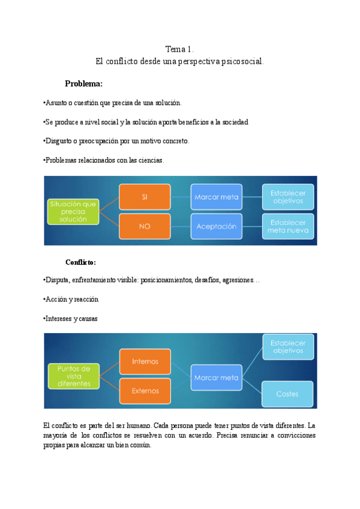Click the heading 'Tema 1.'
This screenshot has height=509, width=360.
tap(180, 49)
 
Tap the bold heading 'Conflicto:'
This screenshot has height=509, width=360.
tap(81, 262)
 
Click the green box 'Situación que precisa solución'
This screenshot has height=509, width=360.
tap(73, 211)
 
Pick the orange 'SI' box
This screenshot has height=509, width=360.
tap(145, 196)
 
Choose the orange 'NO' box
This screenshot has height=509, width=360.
tap(145, 226)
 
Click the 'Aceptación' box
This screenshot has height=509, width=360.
tap(217, 226)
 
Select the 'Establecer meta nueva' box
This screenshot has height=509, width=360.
tap(288, 226)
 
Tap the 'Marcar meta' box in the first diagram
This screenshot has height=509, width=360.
tap(217, 196)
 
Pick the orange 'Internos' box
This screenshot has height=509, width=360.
tap(145, 361)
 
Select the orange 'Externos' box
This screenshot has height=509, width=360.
tap(145, 391)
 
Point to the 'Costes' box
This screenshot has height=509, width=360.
tap(288, 394)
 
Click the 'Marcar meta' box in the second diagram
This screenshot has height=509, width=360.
tap(217, 378)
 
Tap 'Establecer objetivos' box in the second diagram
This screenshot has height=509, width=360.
tap(288, 347)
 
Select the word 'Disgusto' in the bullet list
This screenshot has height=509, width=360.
tap(61, 141)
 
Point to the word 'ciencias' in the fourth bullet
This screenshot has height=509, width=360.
tap(150, 160)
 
